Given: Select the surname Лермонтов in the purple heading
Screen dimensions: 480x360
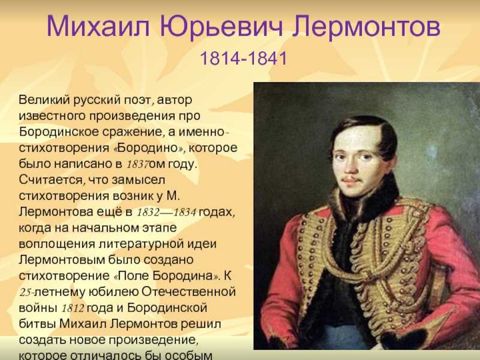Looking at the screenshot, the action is pos(366,26).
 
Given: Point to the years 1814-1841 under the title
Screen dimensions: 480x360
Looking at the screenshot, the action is pos(244,58).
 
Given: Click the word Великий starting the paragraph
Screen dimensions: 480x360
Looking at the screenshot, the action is pos(44,100).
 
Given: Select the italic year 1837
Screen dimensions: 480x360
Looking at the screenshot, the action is pos(137,164).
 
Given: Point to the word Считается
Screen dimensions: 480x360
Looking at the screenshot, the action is pos(51,179).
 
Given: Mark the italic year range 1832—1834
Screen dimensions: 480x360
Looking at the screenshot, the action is pos(166,212).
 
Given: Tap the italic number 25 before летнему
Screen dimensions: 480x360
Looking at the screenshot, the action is pos(25,292).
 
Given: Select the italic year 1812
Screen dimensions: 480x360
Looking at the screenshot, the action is pos(73,308).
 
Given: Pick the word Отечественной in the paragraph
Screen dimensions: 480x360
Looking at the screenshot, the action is pos(189,292).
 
